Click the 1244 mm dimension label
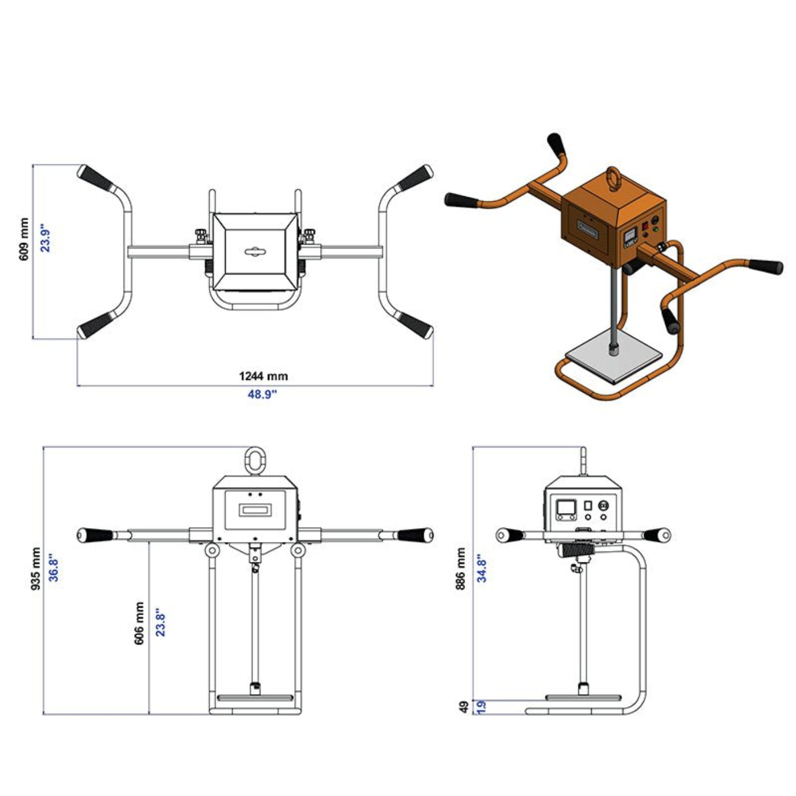263,376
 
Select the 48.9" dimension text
262,394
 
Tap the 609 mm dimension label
24,239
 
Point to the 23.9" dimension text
45,239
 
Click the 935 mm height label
36,570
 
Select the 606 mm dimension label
139,624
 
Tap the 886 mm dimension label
461,569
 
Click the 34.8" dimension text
482,569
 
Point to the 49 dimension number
464,707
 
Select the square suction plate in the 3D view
614,360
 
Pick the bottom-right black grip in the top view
415,325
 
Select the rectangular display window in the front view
254,510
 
